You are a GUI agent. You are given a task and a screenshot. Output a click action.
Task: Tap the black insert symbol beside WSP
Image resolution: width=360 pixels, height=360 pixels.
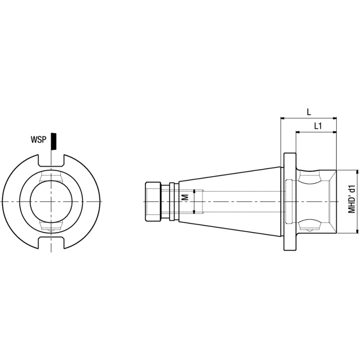pos(54,141)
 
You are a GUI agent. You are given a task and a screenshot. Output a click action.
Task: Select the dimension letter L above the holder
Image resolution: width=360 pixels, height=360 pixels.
pos(309,111)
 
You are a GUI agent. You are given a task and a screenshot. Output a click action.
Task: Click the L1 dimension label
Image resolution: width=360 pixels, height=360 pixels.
pos(317,126)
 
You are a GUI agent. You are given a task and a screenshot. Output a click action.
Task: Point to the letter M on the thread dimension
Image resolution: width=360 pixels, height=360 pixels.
pos(184,198)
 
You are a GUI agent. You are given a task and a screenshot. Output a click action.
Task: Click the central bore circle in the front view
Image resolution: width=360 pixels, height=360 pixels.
pos(51,201)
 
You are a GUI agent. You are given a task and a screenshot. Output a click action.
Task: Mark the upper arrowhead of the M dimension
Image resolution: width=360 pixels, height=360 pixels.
pos(194,191)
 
